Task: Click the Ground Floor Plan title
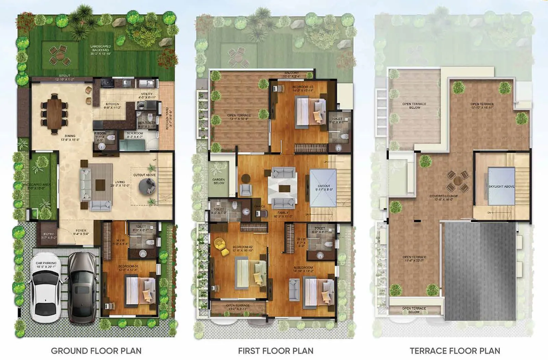pos(96,351)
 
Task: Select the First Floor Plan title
pos(276,351)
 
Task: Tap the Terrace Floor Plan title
pos(455,351)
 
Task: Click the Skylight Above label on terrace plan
pos(501,186)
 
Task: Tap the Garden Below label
pos(219,181)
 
